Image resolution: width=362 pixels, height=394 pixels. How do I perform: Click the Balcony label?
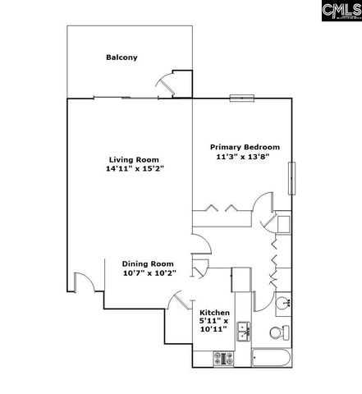coord(121,57)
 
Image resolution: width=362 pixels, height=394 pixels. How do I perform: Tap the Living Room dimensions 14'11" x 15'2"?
coord(135,170)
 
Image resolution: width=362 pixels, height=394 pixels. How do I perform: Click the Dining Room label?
coord(149,263)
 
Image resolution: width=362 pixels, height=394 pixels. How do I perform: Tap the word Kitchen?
coord(215,313)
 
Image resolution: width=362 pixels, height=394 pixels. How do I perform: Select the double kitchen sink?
coord(243,331)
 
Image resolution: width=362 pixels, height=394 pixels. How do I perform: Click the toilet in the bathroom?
coord(277,333)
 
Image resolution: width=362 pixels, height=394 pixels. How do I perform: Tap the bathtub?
coord(271,359)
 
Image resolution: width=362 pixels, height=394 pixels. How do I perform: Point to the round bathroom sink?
coord(284,303)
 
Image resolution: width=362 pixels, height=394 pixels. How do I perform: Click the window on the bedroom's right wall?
coord(291,176)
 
